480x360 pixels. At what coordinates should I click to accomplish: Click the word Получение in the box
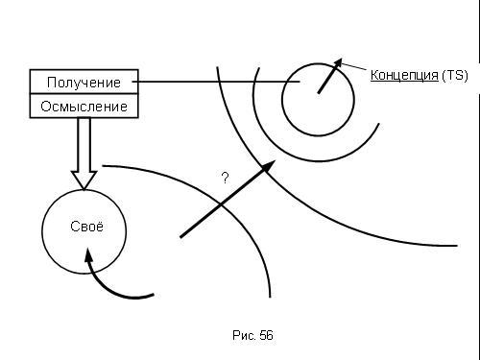point(84,83)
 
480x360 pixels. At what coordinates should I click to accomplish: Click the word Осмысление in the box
point(84,107)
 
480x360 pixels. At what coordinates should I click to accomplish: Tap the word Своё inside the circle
point(86,227)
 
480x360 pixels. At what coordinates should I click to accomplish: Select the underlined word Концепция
point(404,75)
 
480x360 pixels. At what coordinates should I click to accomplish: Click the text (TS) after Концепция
point(455,75)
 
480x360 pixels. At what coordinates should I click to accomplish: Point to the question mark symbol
point(226,178)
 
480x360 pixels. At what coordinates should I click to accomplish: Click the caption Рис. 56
point(252,335)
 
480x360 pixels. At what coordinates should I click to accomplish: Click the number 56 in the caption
point(266,335)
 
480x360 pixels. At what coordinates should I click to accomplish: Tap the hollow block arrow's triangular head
point(84,180)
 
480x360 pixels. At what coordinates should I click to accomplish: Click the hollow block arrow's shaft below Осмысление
point(84,145)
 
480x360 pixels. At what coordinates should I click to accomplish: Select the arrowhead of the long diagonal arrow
point(268,166)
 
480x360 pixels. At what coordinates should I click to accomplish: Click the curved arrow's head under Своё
point(88,255)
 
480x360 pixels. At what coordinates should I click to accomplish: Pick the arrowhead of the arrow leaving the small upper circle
point(337,63)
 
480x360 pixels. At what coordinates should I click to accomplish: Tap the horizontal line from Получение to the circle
point(216,82)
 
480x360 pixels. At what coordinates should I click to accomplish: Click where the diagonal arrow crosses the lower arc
point(221,204)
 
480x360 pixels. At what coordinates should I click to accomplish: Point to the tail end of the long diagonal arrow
point(180,237)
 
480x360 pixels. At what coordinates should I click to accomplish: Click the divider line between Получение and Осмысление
point(84,94)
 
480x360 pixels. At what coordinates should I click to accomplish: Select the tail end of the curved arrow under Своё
point(154,295)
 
